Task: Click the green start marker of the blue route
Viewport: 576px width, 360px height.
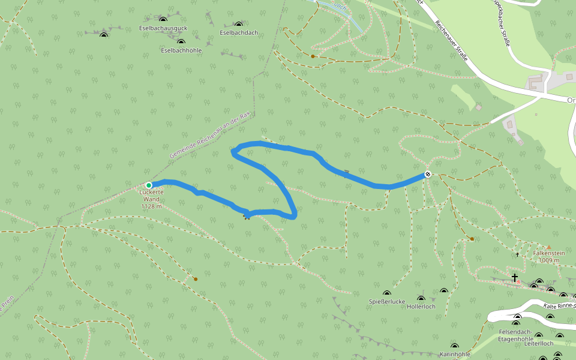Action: (149, 185)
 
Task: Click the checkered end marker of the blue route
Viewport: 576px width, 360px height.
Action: (428, 174)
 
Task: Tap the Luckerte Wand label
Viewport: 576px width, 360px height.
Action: (151, 195)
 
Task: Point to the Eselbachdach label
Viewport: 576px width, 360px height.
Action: (239, 32)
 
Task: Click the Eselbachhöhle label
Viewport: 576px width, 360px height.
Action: (181, 50)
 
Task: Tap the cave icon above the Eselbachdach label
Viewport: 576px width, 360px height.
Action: (239, 25)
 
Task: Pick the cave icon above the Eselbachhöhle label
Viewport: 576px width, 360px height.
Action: (181, 43)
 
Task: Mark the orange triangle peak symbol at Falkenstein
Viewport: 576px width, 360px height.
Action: (548, 247)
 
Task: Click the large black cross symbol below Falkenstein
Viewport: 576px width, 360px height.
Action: (514, 277)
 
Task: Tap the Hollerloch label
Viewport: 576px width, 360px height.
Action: (421, 306)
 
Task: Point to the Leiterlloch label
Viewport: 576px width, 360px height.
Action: (538, 343)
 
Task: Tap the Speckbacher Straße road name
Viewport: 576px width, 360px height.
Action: (501, 24)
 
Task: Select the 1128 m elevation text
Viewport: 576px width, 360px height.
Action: (151, 206)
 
